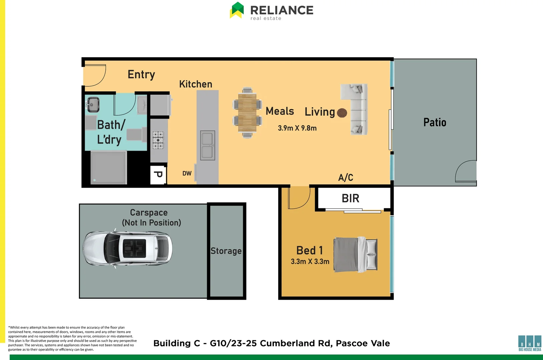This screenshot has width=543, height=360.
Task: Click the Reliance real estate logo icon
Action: [x=237, y=10]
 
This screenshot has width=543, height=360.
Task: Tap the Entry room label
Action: [x=141, y=75]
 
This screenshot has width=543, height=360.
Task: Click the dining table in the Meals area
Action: [x=247, y=113]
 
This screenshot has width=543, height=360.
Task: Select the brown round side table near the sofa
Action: [x=342, y=113]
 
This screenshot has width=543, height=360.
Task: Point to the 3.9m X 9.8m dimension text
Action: [x=297, y=128]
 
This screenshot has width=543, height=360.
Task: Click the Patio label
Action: [x=435, y=122]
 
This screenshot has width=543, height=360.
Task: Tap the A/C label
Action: [x=346, y=177]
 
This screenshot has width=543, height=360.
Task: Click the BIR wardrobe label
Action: [x=350, y=198]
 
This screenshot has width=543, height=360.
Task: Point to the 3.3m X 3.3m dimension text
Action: [x=310, y=262]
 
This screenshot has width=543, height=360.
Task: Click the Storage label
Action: [x=226, y=251]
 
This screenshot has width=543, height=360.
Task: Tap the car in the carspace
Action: [x=127, y=248]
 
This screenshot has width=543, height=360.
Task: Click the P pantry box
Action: [x=158, y=175]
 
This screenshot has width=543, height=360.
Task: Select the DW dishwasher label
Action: [x=187, y=173]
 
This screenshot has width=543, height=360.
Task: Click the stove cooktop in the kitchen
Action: [x=158, y=140]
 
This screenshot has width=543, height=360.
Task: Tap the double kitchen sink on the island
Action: [x=207, y=146]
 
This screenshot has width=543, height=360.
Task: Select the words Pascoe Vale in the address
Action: [x=363, y=343]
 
